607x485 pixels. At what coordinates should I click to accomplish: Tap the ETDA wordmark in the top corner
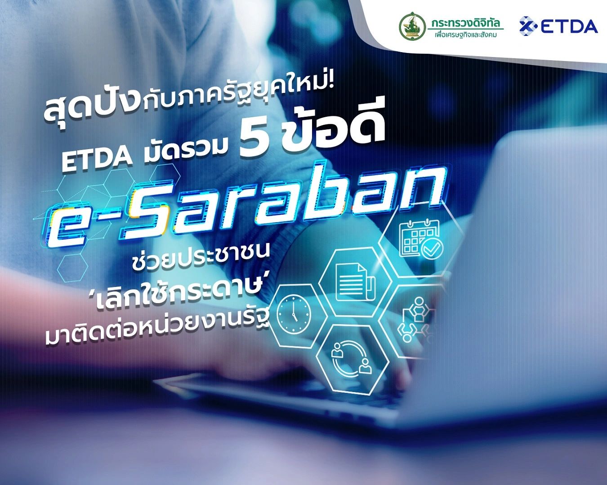[570, 26]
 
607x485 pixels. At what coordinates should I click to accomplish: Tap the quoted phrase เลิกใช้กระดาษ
[187, 296]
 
